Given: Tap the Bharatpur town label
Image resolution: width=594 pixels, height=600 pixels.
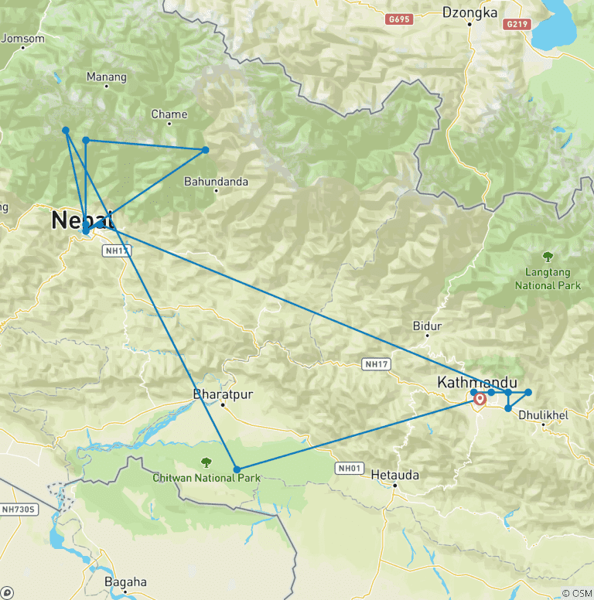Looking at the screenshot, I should point(223,394).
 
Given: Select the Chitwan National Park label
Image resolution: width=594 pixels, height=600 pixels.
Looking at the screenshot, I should point(206,477).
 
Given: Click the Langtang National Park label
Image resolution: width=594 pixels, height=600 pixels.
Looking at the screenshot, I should point(547,279).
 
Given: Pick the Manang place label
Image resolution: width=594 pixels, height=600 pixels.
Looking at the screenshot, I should point(107,77).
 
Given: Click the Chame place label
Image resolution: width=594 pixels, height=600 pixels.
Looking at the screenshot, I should point(169,114).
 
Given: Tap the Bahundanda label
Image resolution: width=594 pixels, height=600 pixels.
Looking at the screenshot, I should point(216,182).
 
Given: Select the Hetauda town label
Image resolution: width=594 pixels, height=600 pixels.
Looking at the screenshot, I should point(394,475).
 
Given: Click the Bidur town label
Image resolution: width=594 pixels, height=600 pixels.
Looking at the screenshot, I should point(427,326).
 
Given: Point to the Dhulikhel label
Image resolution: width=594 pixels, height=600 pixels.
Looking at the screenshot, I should point(544,415).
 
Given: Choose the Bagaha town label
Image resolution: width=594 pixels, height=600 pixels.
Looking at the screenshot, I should point(125,582).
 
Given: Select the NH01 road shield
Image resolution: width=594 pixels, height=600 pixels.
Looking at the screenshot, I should point(349,468).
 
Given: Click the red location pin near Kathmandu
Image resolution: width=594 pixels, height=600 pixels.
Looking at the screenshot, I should point(480,399).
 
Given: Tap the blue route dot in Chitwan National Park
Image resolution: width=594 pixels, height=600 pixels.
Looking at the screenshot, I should point(237,469).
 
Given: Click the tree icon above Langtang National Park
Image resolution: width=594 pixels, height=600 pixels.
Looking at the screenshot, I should point(548,257).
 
